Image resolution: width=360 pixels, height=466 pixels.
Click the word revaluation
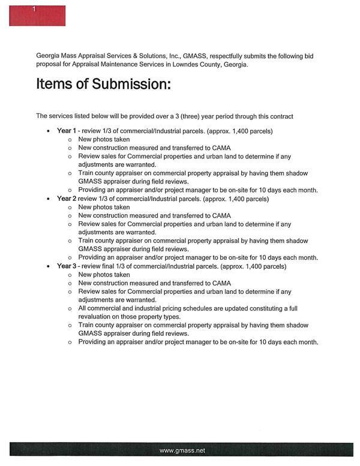(x=96, y=317)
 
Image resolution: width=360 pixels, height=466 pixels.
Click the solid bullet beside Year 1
(x=48, y=131)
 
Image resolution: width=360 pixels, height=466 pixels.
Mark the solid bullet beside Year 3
(x=48, y=266)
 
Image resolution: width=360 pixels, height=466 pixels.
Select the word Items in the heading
(x=52, y=84)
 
